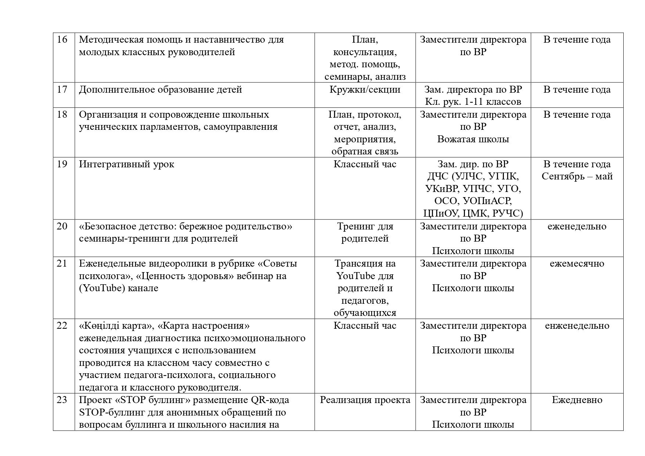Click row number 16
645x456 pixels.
point(62,39)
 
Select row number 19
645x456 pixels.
point(62,164)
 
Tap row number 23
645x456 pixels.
point(62,400)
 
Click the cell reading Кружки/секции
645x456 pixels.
point(365,89)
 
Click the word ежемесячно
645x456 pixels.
point(577,263)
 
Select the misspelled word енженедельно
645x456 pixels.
point(577,325)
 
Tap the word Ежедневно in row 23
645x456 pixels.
point(577,400)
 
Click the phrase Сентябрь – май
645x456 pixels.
point(577,176)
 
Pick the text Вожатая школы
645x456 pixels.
point(473,139)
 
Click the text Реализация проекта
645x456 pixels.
point(365,400)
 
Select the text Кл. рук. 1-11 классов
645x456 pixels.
point(473,101)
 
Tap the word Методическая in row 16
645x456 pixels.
point(111,39)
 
